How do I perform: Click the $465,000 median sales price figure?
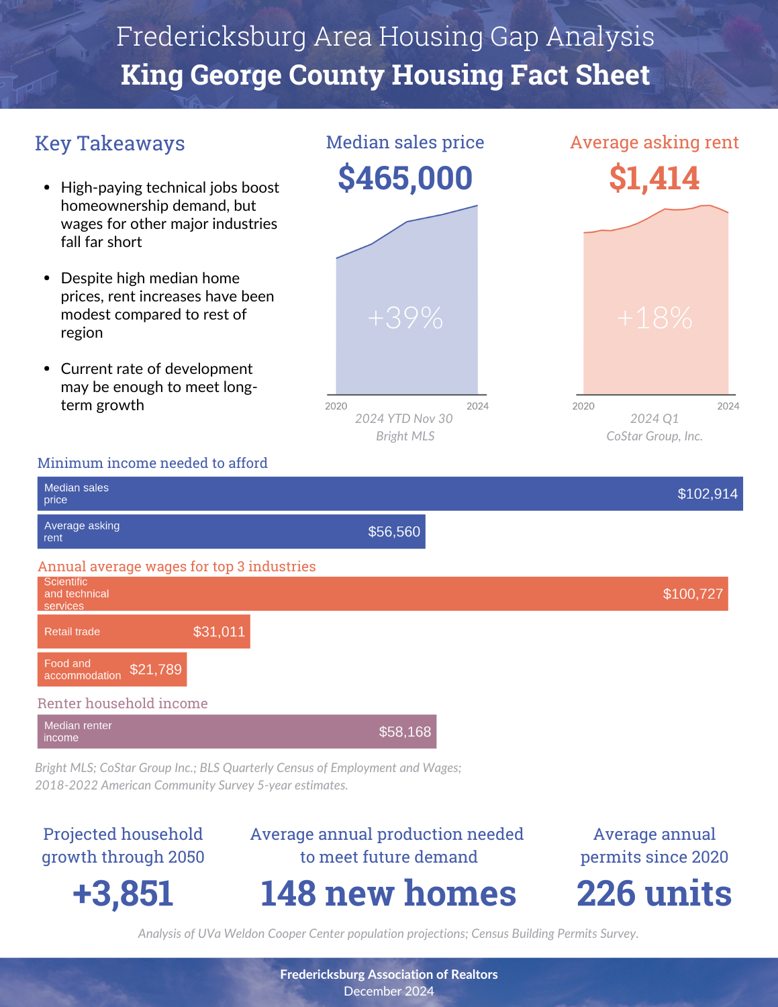[405, 179]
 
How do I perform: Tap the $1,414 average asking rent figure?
[654, 179]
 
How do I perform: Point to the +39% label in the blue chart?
[405, 318]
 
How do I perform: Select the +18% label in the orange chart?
[654, 318]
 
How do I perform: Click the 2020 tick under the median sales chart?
[336, 406]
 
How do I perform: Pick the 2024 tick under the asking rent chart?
[728, 406]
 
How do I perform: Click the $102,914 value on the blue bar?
[708, 494]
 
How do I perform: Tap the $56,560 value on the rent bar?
[394, 532]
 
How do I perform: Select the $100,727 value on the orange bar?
[693, 593]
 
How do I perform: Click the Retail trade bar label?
[72, 632]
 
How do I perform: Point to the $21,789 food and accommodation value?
[156, 669]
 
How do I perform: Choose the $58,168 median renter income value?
[405, 732]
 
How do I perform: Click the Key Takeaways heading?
[110, 143]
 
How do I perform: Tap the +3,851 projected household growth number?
[123, 893]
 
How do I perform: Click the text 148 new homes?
[388, 893]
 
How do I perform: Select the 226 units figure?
[654, 893]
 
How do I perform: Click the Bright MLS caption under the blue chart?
[405, 436]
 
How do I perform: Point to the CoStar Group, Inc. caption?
[654, 436]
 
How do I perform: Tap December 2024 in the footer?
[389, 992]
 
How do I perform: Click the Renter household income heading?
[122, 703]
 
